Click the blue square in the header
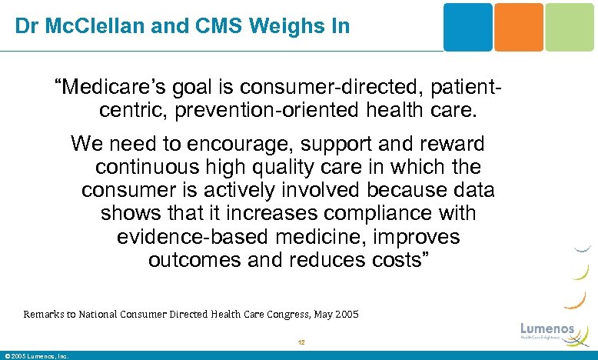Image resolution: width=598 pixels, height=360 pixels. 468,27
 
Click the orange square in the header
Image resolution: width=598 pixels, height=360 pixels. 518,27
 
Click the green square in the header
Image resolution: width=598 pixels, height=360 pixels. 570,27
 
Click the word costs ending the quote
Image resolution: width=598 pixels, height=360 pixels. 400,259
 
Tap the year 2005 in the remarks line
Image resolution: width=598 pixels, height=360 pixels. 344,315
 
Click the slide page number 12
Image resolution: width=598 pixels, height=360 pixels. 301,344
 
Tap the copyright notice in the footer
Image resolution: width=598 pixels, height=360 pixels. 37,356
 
